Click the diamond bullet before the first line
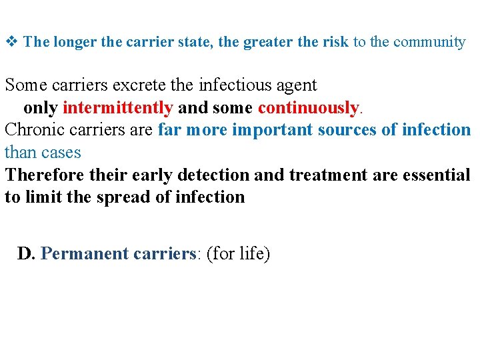tap(11, 42)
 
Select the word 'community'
tap(429, 42)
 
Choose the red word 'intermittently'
tap(117, 108)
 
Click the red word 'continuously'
tap(308, 108)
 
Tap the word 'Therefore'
tap(44, 175)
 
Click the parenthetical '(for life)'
tap(238, 255)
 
